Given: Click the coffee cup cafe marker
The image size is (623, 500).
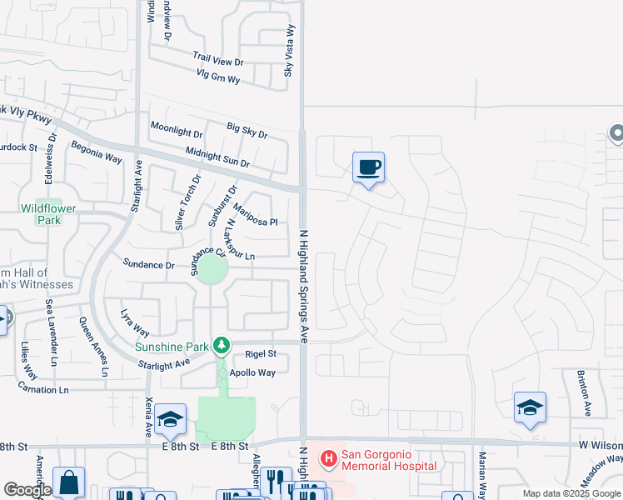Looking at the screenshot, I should coord(368,167).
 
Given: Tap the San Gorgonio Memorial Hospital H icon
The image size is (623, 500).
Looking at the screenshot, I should coord(328,457).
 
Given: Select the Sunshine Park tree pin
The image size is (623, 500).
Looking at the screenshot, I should coord(221,344).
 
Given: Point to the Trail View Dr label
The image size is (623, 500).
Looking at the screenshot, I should coord(217,61).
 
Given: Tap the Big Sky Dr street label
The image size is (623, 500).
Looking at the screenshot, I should coord(247,130).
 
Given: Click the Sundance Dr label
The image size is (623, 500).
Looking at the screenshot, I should coord(148,264).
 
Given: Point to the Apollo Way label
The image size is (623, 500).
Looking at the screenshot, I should coord(252,372).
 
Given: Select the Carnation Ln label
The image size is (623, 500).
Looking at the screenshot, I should coord(40,389).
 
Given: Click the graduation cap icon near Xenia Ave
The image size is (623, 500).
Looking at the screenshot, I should coord(170,420).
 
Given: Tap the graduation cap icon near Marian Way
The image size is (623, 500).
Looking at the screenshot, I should coord(530,407).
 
